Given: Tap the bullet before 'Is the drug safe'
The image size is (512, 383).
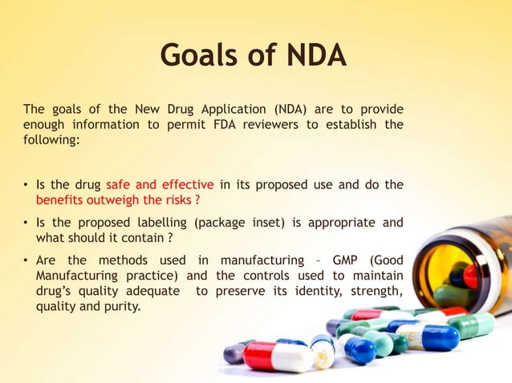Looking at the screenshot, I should click(26, 184).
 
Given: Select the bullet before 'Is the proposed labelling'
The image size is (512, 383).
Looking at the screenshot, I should click(26, 222).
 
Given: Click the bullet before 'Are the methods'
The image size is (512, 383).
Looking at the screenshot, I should click(26, 260).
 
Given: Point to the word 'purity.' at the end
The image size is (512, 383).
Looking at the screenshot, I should click(122, 304).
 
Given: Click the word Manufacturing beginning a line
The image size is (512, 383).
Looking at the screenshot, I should click(74, 275).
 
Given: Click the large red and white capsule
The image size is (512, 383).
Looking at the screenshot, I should click(277, 356).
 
